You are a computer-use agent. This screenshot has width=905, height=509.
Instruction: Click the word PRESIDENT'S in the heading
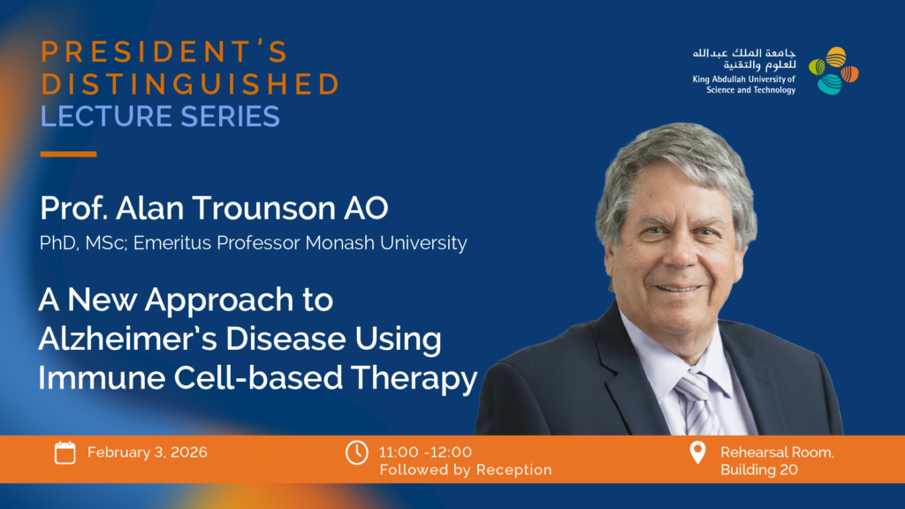tap(164, 51)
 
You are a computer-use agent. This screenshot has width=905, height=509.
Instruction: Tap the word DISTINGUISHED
tap(190, 84)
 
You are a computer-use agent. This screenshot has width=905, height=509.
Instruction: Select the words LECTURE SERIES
tap(160, 116)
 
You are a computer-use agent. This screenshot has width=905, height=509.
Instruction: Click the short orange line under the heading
tap(68, 154)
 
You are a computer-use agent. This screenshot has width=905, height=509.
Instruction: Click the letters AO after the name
tap(366, 208)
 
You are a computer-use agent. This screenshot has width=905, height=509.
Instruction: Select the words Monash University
tap(386, 243)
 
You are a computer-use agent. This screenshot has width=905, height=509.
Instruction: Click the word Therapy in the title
tap(414, 378)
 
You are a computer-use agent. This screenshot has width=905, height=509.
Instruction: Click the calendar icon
tap(65, 452)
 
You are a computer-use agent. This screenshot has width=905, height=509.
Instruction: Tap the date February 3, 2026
tap(148, 452)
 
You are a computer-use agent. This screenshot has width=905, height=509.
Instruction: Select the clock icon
tap(357, 452)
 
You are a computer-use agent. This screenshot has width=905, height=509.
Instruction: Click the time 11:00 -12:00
tap(425, 452)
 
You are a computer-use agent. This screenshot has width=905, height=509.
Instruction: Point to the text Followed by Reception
tap(466, 470)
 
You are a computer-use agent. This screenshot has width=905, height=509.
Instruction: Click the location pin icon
tap(698, 452)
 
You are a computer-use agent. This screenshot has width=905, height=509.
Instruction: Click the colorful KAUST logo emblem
tap(833, 71)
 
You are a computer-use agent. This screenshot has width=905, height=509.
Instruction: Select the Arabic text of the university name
tap(744, 58)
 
